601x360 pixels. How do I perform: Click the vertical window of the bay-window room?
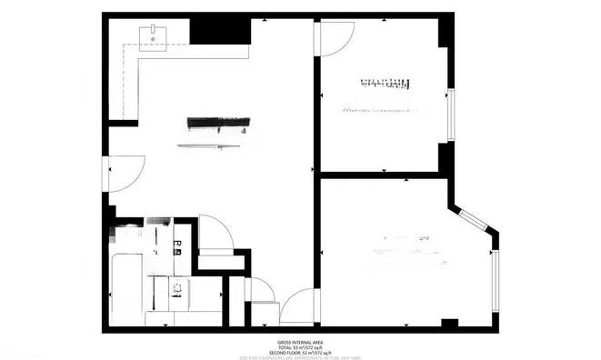pos(496,279)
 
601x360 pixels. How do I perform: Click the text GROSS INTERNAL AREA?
pos(299,342)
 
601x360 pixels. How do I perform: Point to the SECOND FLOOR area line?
pos(299,352)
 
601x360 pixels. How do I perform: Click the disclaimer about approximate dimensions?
pos(299,357)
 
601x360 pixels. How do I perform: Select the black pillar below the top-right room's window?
pos(443,157)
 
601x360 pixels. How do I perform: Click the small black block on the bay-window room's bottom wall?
pos(449,324)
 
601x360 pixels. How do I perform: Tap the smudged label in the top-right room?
pos(383,85)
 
